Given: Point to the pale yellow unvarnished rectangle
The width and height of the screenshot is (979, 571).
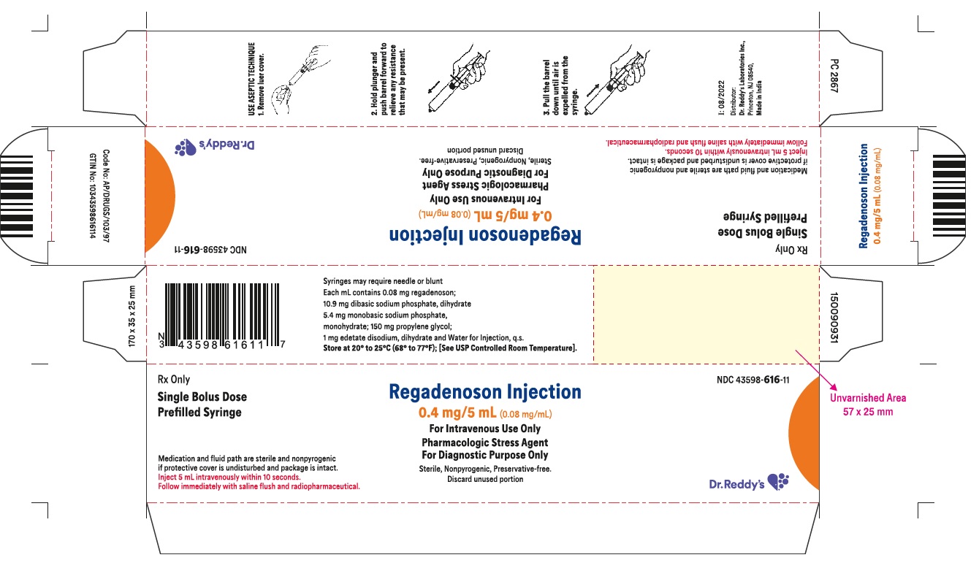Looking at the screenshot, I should click(x=706, y=314).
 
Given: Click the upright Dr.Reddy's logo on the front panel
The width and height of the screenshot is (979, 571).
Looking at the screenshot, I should click(x=749, y=482).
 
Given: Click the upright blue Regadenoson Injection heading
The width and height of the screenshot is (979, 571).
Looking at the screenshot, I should click(x=484, y=393).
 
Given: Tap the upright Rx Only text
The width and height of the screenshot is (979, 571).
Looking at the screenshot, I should click(x=175, y=380).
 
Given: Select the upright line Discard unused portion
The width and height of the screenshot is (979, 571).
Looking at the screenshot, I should click(x=485, y=480).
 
